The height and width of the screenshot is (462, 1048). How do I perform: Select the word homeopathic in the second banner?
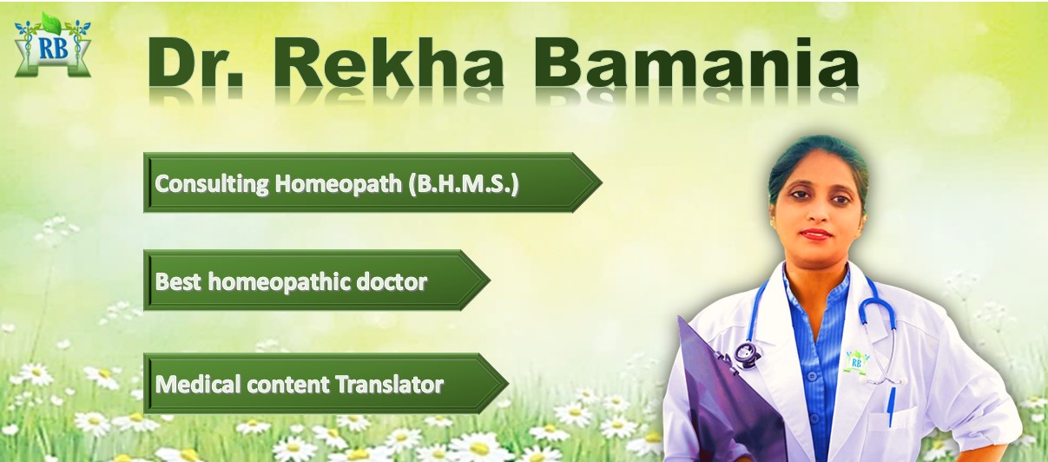point(277,282)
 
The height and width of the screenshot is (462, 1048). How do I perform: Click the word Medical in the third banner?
point(188,384)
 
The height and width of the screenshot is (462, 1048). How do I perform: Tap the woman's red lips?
point(816,234)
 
